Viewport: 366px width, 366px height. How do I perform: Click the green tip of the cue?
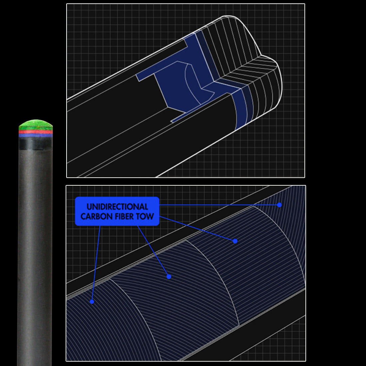click(x=36, y=125)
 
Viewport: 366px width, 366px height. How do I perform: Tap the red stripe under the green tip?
click(x=36, y=132)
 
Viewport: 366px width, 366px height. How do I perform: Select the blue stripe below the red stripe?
click(x=36, y=135)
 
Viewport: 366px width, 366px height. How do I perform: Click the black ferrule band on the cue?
click(x=36, y=143)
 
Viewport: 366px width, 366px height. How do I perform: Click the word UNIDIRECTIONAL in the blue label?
click(x=117, y=207)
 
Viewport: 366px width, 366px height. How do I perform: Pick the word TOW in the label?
click(x=145, y=216)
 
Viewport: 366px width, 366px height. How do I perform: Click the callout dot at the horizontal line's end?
click(x=279, y=205)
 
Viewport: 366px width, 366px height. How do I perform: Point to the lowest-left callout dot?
click(x=92, y=301)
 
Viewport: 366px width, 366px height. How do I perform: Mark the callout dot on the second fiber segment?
click(x=169, y=277)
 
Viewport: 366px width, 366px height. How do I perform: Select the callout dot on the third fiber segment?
click(x=235, y=241)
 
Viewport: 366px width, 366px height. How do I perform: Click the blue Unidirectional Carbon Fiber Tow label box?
click(x=117, y=211)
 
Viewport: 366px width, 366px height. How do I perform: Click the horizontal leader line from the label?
click(x=219, y=205)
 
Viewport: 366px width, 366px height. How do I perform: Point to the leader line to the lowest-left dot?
click(x=96, y=264)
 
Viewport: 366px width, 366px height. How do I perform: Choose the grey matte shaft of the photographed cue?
click(x=35, y=257)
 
